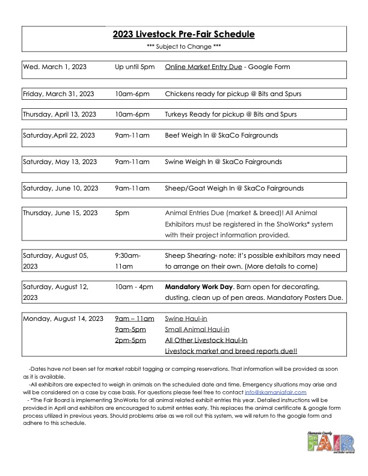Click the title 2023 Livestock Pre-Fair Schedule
click(x=184, y=34)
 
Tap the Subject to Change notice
click(x=184, y=47)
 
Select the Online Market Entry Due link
click(x=201, y=67)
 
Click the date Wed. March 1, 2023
click(x=55, y=67)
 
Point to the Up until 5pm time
click(x=135, y=67)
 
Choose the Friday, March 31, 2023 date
click(x=58, y=94)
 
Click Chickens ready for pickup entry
click(x=233, y=94)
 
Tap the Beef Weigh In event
click(x=221, y=135)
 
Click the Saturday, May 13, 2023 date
click(x=60, y=162)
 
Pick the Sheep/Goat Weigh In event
click(x=234, y=188)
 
